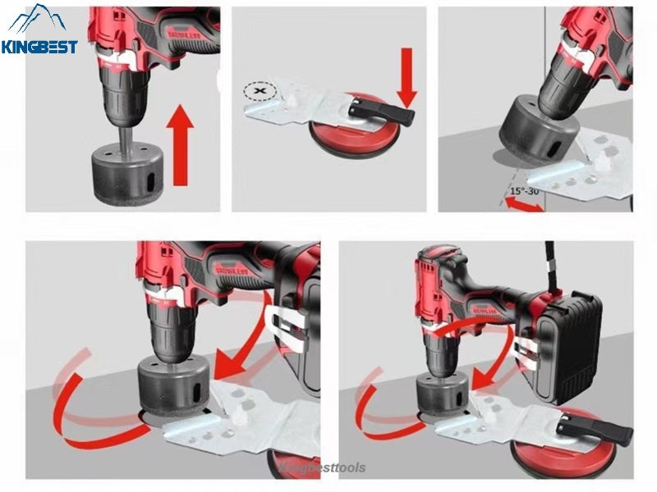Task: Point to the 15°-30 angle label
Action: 522,191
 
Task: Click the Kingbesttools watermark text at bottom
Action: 328,467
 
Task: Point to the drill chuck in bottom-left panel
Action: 168,324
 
